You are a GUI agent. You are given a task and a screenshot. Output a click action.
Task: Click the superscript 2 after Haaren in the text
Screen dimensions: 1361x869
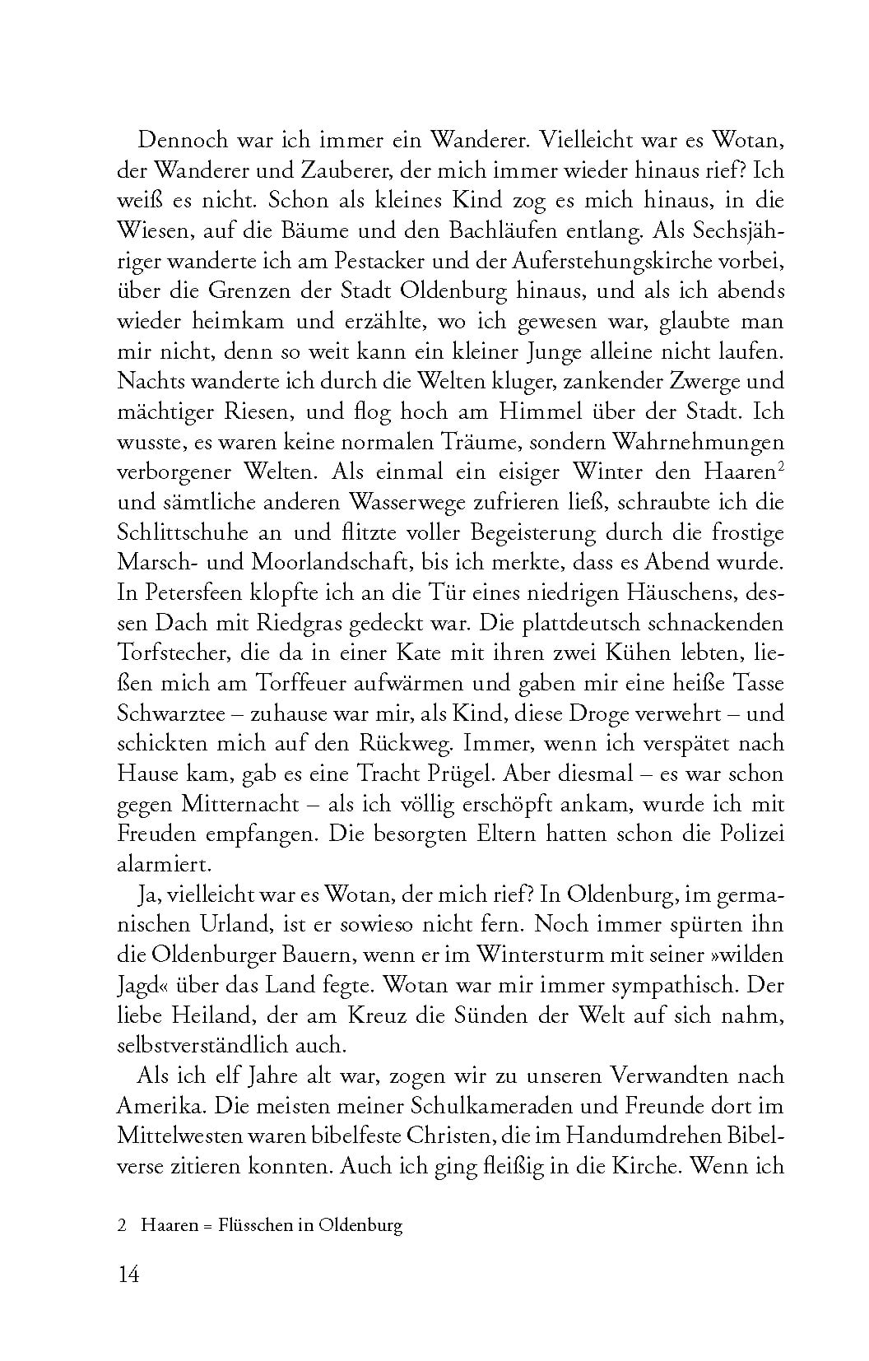point(779,465)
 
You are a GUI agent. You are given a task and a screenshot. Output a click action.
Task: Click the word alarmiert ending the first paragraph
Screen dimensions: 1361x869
point(153,864)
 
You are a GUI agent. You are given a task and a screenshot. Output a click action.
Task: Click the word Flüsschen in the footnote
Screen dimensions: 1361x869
point(250,1225)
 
